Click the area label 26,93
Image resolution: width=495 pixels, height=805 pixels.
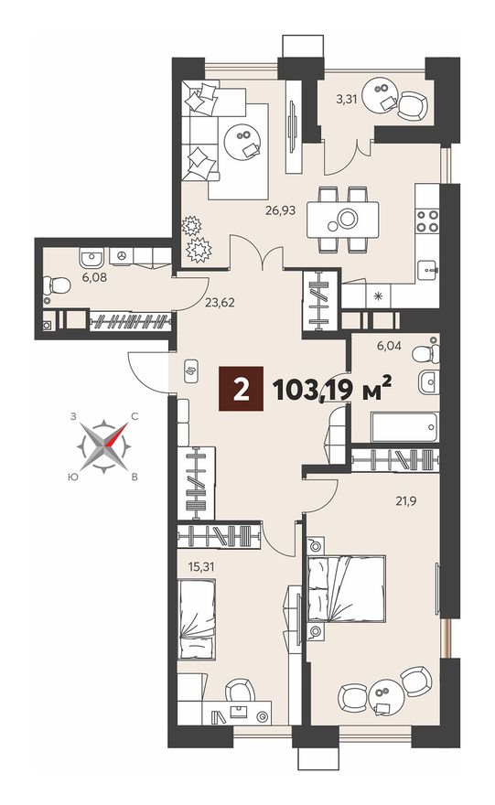click(281, 210)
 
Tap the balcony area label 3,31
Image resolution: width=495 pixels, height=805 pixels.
click(346, 99)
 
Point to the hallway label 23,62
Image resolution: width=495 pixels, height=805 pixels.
click(220, 303)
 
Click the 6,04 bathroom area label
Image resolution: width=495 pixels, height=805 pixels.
click(389, 346)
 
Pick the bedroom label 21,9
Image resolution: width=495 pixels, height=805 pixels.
click(405, 501)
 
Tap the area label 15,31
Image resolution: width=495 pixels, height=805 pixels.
click(201, 567)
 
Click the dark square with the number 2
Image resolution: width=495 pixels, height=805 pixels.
click(241, 389)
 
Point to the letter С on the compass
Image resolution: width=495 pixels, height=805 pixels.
click(135, 417)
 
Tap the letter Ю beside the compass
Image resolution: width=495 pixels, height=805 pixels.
click(72, 477)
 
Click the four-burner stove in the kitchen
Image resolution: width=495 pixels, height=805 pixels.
click(427, 221)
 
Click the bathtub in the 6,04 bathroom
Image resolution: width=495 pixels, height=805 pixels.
click(405, 426)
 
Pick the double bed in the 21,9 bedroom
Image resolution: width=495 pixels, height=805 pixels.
click(346, 588)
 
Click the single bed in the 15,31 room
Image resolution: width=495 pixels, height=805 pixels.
click(197, 619)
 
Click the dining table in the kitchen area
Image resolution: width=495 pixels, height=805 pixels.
click(342, 220)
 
